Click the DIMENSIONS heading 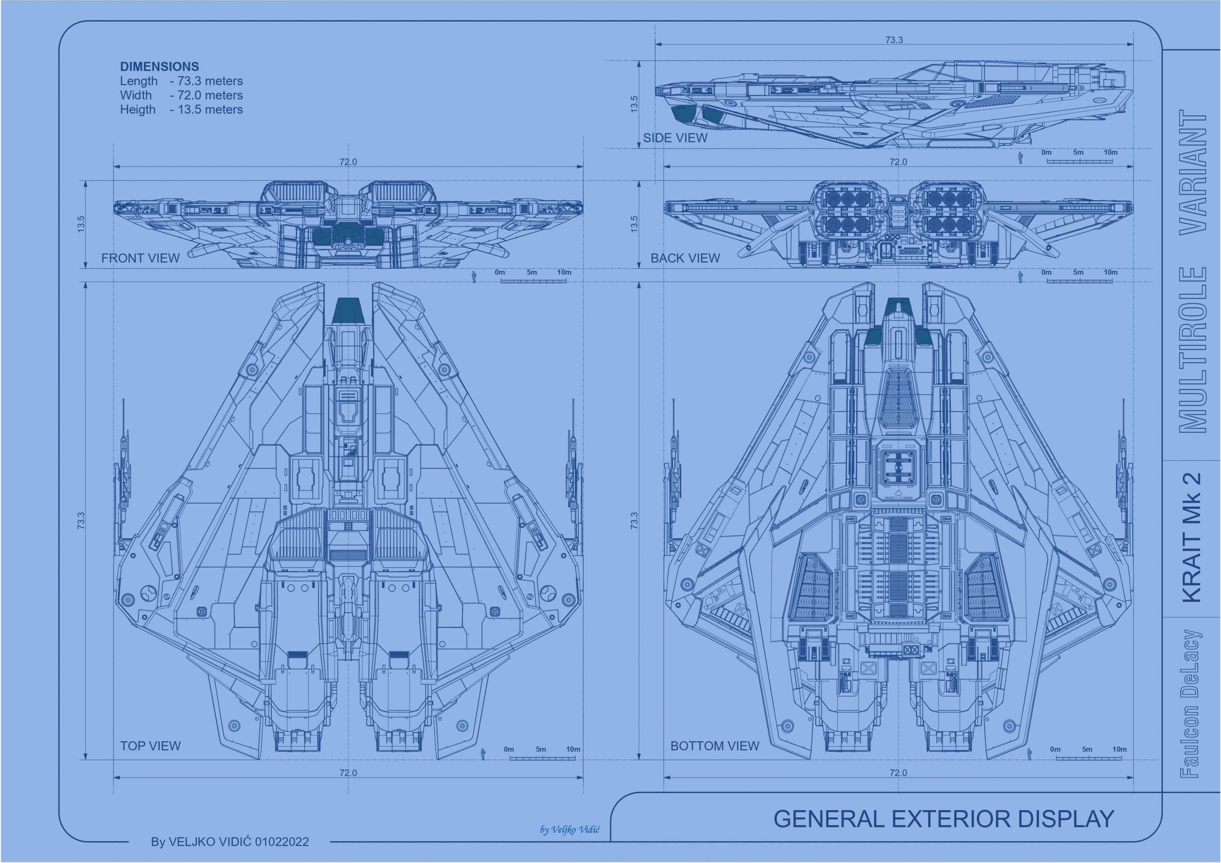[159, 66]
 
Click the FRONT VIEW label [140, 258]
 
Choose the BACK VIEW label [685, 258]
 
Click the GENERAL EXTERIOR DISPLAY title [943, 819]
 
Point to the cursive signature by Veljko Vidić [569, 830]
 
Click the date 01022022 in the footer [282, 842]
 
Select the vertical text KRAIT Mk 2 [1192, 537]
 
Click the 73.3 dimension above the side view [894, 40]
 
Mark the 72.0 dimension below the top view [348, 773]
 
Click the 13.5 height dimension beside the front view [81, 224]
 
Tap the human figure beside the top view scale [483, 754]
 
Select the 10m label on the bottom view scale [1119, 749]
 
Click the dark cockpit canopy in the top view [348, 310]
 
